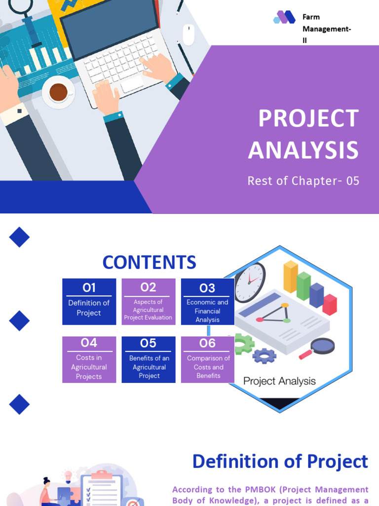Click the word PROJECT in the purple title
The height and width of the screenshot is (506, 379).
point(308,119)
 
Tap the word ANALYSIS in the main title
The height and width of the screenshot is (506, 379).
point(303,150)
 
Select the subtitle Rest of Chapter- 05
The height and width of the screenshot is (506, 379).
point(303,181)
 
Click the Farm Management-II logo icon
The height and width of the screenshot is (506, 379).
point(284,17)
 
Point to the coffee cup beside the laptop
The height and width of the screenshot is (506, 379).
point(58,91)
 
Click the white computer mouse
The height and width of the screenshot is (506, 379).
point(189,35)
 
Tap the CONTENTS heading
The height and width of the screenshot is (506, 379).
point(149,262)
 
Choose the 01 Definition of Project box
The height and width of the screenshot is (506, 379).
point(89,301)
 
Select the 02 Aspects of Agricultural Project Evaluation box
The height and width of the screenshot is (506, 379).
point(148,301)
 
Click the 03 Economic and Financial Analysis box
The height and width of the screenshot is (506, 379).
point(207,301)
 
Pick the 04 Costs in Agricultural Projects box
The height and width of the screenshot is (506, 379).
point(89,359)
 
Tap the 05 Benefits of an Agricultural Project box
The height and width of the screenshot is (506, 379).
point(149,359)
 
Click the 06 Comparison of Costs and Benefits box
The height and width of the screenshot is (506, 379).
point(208,359)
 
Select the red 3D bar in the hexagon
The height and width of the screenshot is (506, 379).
point(330,304)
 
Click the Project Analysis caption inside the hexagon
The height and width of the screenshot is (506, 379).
point(279,381)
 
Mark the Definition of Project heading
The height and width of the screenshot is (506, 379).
point(280,462)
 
